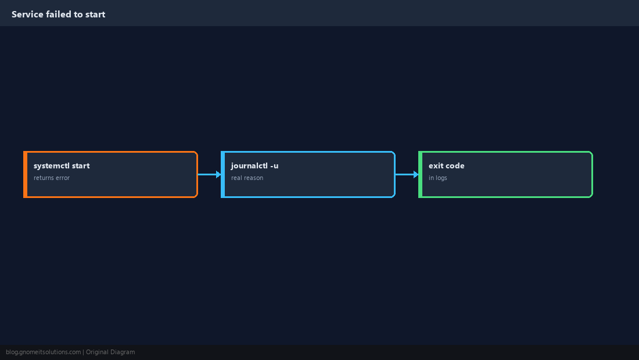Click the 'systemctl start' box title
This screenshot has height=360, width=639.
click(x=62, y=165)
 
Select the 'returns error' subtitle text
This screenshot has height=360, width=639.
click(x=52, y=178)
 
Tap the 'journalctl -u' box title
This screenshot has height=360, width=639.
click(x=254, y=165)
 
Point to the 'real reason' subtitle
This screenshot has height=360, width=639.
click(x=247, y=178)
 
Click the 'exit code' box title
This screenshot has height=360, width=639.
click(x=446, y=165)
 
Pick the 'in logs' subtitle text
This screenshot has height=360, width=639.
click(x=437, y=178)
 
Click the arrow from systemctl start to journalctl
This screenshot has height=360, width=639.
click(x=210, y=174)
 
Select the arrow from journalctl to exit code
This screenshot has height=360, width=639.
click(x=407, y=174)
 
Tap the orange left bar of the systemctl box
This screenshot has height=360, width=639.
click(x=25, y=174)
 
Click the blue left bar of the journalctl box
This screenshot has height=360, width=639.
click(x=223, y=174)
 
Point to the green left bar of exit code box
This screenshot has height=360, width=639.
click(x=421, y=174)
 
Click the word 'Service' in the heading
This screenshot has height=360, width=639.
click(x=27, y=15)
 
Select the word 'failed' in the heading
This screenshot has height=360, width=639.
click(x=59, y=15)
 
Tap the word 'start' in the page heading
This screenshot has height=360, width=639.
click(x=95, y=15)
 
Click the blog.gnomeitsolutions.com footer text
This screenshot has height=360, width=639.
click(x=43, y=352)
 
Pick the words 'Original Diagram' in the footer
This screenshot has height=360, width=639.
click(x=110, y=352)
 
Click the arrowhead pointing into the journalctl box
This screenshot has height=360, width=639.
click(x=219, y=174)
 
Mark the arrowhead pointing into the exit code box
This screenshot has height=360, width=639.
click(x=417, y=174)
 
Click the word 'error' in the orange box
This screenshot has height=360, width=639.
click(x=63, y=178)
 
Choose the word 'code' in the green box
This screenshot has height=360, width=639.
click(x=455, y=165)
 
